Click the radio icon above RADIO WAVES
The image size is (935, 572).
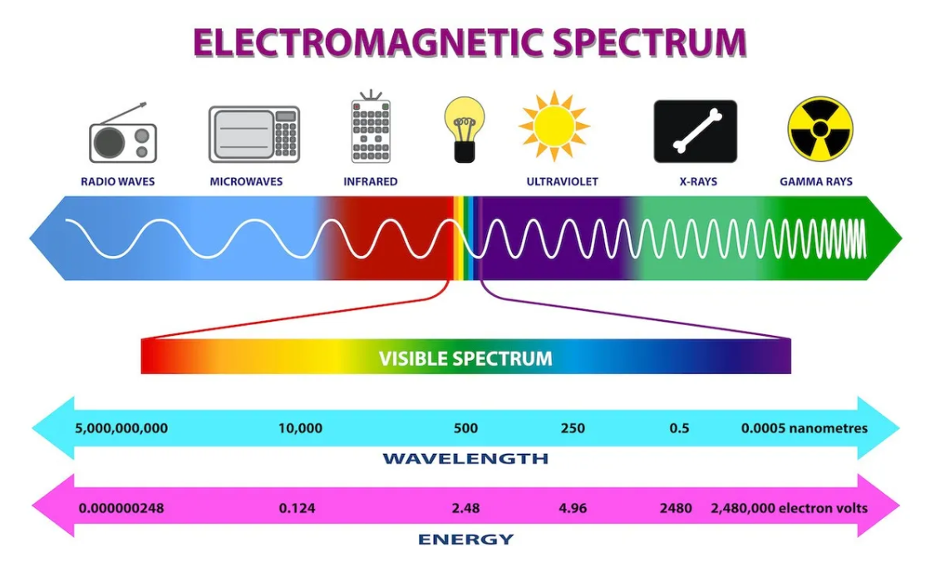click(x=123, y=133)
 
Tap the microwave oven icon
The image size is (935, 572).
click(x=254, y=134)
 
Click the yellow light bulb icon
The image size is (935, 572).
click(x=465, y=130)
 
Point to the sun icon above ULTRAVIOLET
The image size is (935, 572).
click(x=554, y=126)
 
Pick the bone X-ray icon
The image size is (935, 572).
click(x=696, y=131)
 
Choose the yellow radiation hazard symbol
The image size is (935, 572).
click(x=820, y=130)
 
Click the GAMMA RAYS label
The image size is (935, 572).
click(x=816, y=181)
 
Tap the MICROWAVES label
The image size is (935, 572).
click(x=246, y=181)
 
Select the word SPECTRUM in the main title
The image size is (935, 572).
click(x=649, y=42)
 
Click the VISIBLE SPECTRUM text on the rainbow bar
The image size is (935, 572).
click(x=465, y=358)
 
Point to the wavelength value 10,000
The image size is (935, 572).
click(x=301, y=428)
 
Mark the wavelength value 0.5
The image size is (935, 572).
click(x=679, y=428)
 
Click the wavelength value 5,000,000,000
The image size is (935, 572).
click(x=121, y=428)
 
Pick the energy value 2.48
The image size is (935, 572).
click(x=465, y=508)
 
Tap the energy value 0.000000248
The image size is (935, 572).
click(x=121, y=508)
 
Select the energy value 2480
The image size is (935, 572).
click(x=676, y=508)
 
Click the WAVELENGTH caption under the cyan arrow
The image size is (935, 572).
click(x=465, y=459)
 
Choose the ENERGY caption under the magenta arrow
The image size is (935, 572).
click(x=465, y=540)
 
